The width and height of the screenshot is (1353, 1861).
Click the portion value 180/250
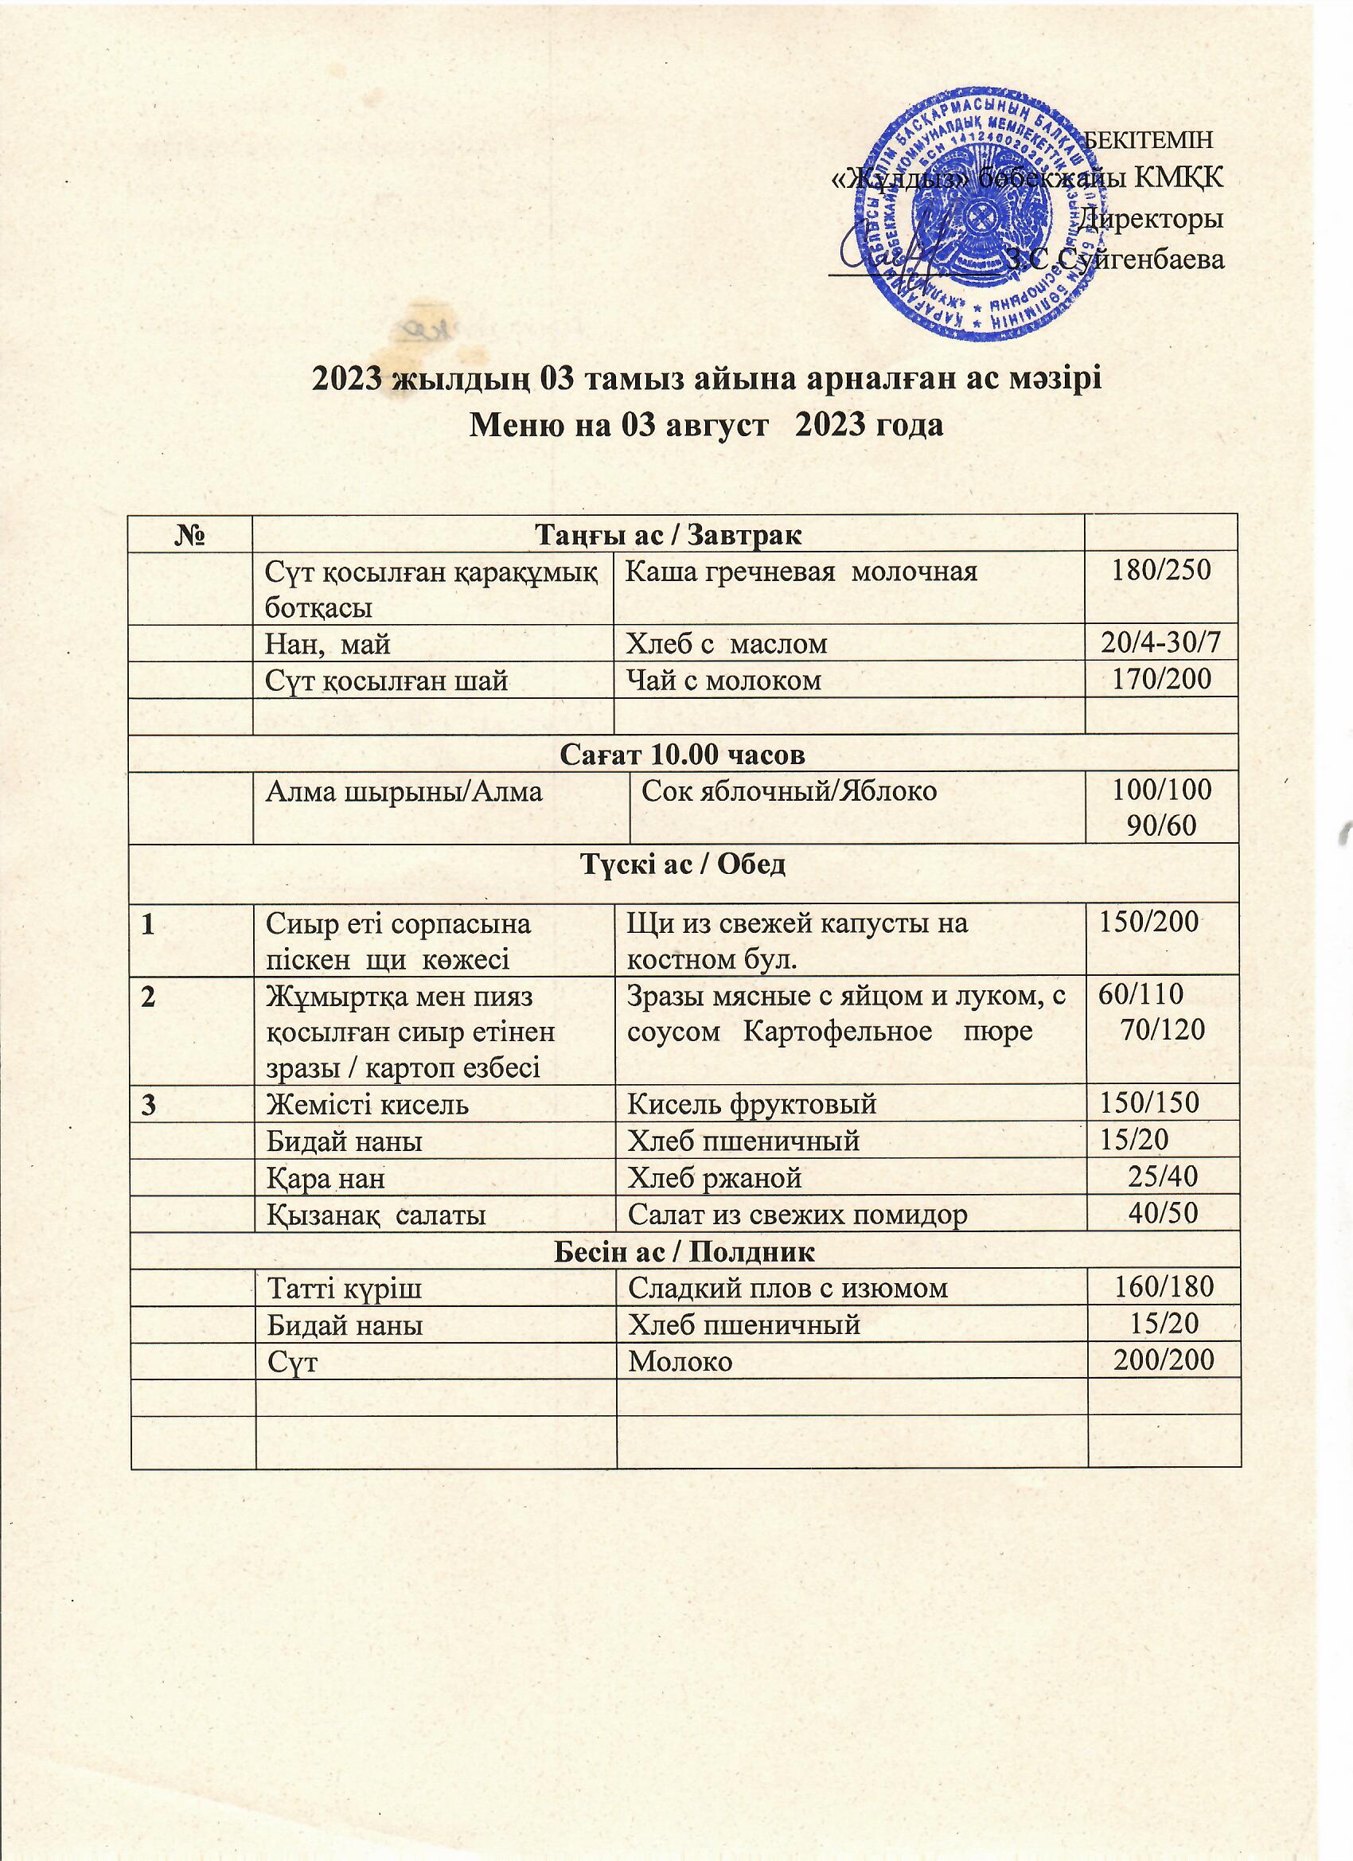click(1160, 570)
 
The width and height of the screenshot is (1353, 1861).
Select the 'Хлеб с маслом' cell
click(727, 644)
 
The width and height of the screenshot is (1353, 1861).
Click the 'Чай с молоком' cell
click(723, 681)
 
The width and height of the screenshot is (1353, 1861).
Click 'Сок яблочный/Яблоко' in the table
click(789, 791)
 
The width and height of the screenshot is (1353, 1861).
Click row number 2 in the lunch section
click(147, 997)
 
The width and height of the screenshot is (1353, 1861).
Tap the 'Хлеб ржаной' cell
click(714, 1178)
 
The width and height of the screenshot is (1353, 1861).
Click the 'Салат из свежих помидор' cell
click(797, 1215)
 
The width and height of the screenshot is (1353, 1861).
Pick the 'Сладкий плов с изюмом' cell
click(788, 1288)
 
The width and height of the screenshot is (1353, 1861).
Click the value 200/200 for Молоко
click(1163, 1360)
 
